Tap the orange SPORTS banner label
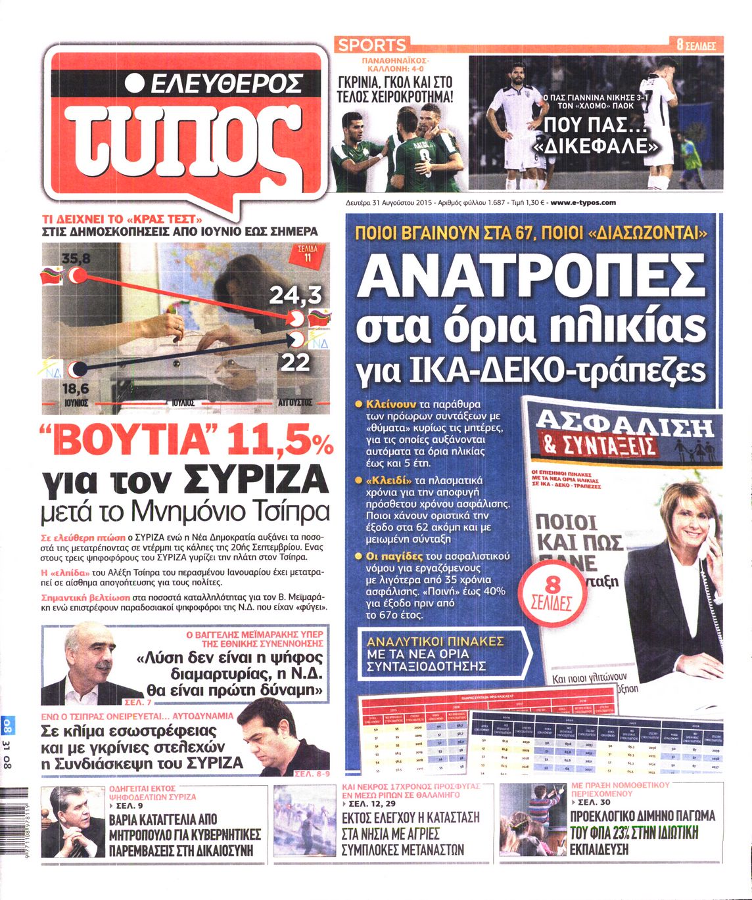coord(372,45)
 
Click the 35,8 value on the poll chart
coord(75,259)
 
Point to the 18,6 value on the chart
coord(75,389)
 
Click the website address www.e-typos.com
coord(583,203)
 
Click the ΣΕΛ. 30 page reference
coord(590,803)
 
